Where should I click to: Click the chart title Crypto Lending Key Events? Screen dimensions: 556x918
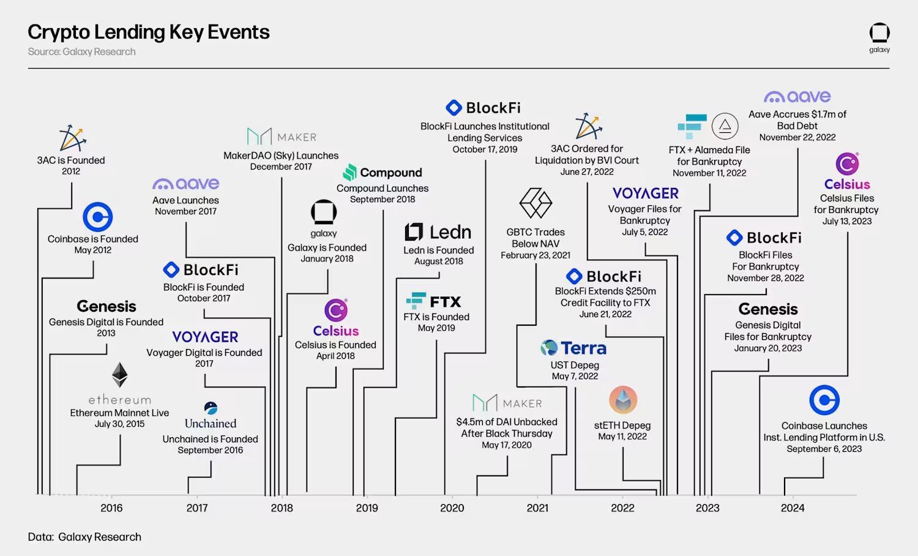pos(149,32)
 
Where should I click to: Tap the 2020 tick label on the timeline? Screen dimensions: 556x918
pos(452,508)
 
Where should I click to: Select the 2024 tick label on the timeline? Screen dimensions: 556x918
pos(793,508)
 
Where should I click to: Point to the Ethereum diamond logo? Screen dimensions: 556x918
pos(119,375)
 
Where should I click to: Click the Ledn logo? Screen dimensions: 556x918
pos(438,232)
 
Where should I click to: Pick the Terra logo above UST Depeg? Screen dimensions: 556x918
pos(573,348)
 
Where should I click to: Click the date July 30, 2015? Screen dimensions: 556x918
pos(119,424)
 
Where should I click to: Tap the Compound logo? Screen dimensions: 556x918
pos(382,173)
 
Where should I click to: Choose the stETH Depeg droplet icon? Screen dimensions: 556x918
pos(623,400)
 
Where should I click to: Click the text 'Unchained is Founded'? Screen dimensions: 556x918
pos(210,439)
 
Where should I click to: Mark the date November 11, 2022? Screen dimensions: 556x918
pos(709,173)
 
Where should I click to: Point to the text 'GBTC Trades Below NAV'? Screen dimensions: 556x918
pos(535,238)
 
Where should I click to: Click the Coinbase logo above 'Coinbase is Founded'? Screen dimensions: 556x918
pos(98,217)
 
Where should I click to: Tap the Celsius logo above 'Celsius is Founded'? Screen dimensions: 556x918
pos(336,310)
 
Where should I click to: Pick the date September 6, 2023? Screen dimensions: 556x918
pos(824,449)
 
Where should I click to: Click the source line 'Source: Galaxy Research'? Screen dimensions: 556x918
pos(81,52)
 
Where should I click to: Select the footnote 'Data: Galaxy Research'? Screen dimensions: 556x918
pos(84,537)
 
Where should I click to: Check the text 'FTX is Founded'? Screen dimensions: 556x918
pos(436,317)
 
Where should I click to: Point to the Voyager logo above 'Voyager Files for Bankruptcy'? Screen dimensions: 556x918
pos(645,193)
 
